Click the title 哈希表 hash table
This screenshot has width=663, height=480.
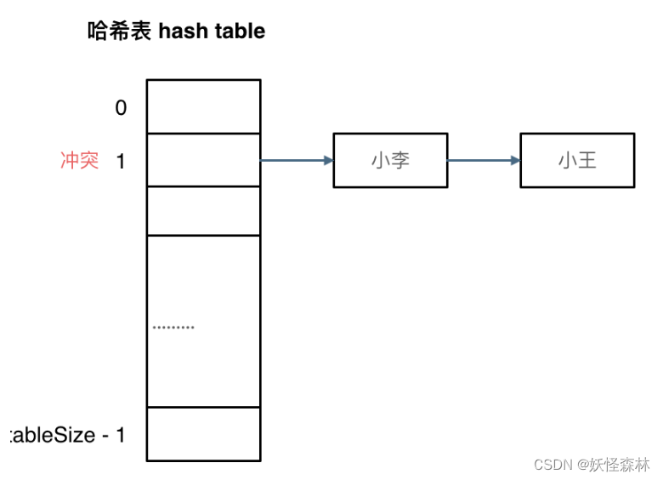(176, 31)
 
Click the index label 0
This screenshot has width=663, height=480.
(121, 107)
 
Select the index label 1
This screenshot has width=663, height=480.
(121, 161)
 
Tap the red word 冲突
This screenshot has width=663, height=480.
(79, 160)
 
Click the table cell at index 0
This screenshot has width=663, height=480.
(203, 106)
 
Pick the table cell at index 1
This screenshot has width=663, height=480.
(203, 160)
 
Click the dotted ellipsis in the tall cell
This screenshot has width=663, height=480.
(173, 327)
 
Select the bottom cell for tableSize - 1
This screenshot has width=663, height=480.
(203, 434)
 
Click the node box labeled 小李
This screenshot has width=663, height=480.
(390, 160)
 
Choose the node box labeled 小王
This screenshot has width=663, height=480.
(577, 160)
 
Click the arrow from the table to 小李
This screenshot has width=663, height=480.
(294, 160)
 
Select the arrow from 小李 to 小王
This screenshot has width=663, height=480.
(482, 160)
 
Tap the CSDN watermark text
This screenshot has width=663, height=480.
(553, 465)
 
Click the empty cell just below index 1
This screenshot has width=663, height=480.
(203, 210)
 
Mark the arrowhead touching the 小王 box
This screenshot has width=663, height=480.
(515, 160)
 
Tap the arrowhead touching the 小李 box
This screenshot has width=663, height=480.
(328, 160)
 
